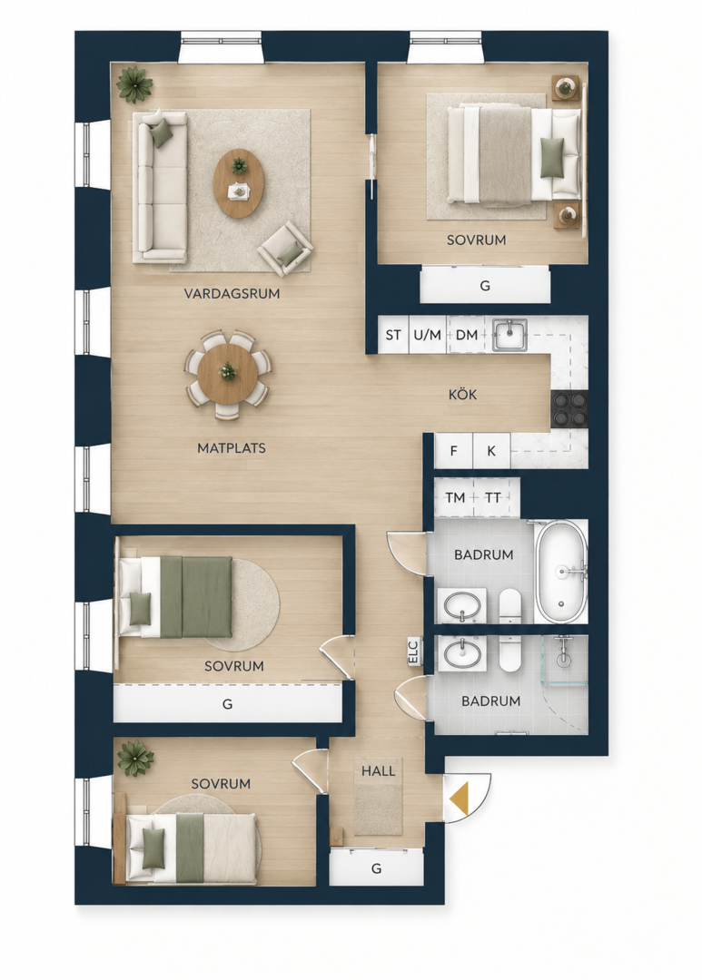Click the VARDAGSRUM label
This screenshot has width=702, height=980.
232,293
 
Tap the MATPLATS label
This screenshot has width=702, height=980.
232,448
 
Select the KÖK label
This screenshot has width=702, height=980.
463,395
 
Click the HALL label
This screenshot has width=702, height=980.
379,770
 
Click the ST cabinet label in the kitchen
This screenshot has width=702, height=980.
393,335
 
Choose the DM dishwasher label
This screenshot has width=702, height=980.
467,335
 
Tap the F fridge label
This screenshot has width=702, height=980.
454,451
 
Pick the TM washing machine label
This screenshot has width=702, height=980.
456,497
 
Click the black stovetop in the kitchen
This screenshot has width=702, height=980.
569,409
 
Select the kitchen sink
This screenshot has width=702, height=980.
509,336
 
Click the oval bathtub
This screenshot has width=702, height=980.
561,571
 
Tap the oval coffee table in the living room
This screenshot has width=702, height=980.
238,183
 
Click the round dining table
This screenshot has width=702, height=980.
228,374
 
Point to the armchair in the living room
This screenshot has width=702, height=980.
287,248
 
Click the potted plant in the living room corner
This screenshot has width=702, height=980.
134,85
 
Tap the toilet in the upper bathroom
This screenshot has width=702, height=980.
510,605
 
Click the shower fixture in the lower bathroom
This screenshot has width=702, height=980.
564,650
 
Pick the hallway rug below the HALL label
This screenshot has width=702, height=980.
379,808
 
